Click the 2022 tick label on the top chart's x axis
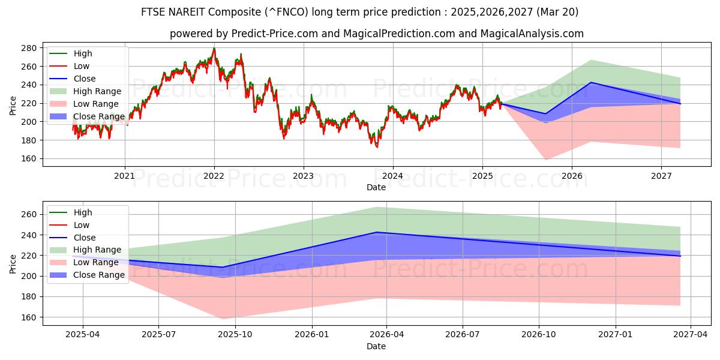pos(214,176)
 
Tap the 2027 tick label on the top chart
pos(661,176)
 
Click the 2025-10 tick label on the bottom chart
pos(235,334)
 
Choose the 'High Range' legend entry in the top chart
pos(98,91)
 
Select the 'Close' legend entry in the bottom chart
pos(85,238)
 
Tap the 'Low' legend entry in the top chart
pos(82,66)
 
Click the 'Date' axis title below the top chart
pos(376,187)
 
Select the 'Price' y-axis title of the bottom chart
pos(13,263)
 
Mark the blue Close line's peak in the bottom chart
pos(377,232)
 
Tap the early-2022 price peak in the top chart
pos(214,49)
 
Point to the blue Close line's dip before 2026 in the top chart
pos(545,113)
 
